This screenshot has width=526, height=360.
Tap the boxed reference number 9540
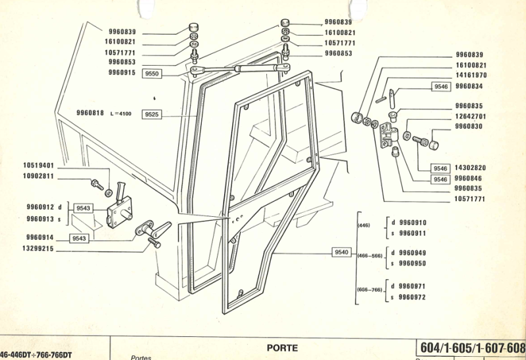point(342,252)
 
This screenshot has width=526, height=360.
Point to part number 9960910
point(413,223)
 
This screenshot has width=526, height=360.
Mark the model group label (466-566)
point(369,256)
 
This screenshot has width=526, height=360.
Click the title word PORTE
point(282,347)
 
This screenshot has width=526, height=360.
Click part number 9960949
point(413,253)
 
